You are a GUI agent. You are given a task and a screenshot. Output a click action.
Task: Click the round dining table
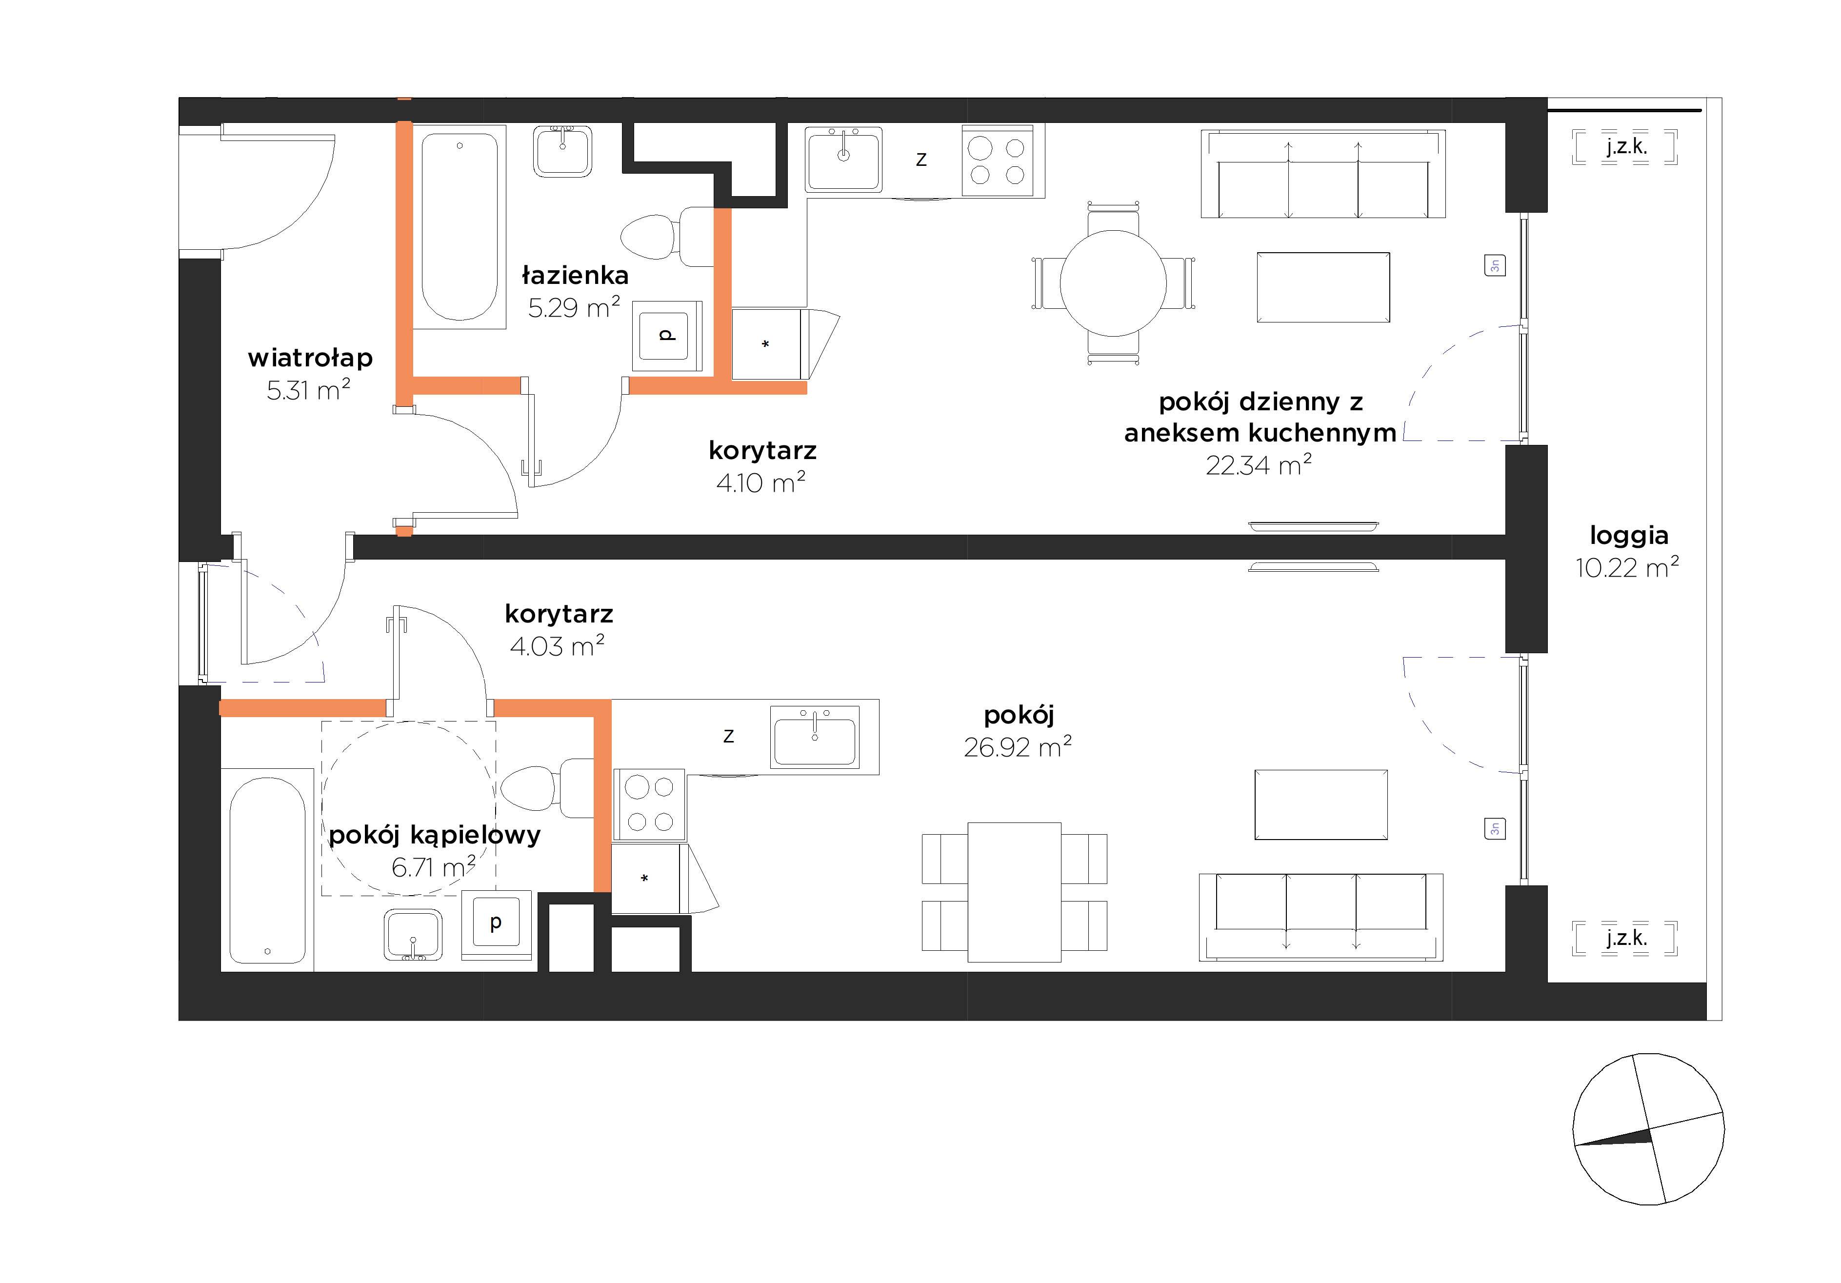pos(1113,283)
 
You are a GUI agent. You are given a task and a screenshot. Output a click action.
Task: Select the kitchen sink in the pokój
pos(815,736)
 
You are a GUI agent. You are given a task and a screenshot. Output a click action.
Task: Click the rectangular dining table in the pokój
pos(1014,892)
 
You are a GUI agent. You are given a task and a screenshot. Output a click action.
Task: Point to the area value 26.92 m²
pos(1018,747)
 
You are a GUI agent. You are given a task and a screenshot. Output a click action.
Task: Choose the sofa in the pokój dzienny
pos(1323,174)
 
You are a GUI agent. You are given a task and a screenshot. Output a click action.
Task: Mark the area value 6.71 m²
pos(433,867)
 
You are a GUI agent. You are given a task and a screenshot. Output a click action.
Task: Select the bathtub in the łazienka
pos(460,227)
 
